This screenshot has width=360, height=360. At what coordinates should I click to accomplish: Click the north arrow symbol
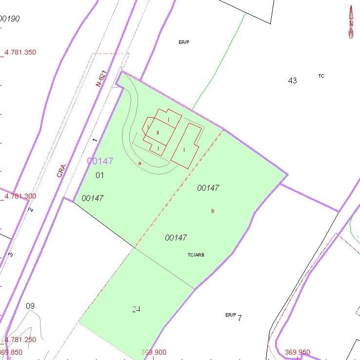[x=350, y=22]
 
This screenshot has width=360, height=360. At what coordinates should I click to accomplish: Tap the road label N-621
[x=101, y=78]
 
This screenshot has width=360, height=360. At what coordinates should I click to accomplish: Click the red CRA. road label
[x=61, y=170]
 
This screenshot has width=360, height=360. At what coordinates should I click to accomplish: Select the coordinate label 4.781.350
[x=20, y=52]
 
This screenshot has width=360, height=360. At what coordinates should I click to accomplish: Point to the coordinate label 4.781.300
[x=20, y=196]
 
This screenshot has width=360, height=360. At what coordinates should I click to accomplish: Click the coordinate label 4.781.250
[x=20, y=340]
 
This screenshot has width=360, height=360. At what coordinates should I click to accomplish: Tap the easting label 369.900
[x=154, y=352]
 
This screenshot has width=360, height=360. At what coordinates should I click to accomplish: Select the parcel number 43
[x=292, y=80]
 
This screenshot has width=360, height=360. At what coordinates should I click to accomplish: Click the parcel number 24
[x=136, y=309]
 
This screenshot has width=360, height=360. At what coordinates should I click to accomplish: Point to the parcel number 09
[x=30, y=306]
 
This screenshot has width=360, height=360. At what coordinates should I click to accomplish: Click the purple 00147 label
[x=100, y=161]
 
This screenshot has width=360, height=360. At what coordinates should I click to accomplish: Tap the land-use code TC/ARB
[x=196, y=255]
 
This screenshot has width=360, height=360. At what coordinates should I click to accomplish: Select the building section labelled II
[x=158, y=132]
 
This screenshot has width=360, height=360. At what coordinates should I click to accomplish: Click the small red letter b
[x=213, y=211]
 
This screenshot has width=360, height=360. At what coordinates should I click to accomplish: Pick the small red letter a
[x=140, y=163]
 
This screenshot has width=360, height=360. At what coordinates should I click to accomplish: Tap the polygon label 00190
[x=10, y=19]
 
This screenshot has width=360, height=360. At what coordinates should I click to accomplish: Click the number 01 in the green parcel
[x=100, y=175]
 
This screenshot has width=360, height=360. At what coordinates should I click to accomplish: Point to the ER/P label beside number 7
[x=230, y=315]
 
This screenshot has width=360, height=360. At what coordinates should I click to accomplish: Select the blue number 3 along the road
[x=11, y=254]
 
